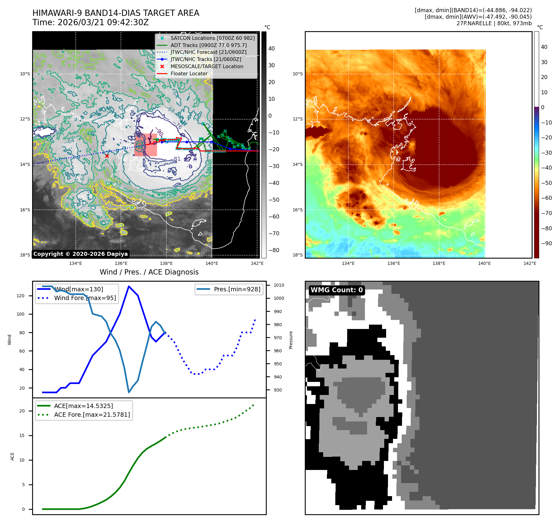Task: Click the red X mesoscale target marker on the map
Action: coord(107,156)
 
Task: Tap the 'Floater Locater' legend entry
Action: coord(189,74)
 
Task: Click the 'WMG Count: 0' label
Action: coord(337,290)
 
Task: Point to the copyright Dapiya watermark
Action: coord(80,254)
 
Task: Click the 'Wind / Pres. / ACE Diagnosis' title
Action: coord(149,272)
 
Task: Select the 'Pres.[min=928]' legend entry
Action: coord(237,289)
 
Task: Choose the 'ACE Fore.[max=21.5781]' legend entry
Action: coord(92,415)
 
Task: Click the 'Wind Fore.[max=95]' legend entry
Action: coord(85,298)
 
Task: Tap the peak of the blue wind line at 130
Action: coord(129,286)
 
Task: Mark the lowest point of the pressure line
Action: coord(129,392)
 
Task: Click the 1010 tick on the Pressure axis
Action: coord(279,285)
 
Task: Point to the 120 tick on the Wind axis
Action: coord(21,296)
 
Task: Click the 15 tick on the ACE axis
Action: coord(22,435)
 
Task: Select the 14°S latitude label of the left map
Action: coord(25,164)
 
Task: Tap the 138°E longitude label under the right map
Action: coord(439,263)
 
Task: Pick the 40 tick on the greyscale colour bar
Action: coord(271,49)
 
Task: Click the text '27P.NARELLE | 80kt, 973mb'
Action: coord(494,23)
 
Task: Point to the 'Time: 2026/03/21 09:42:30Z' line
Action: coord(90,22)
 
